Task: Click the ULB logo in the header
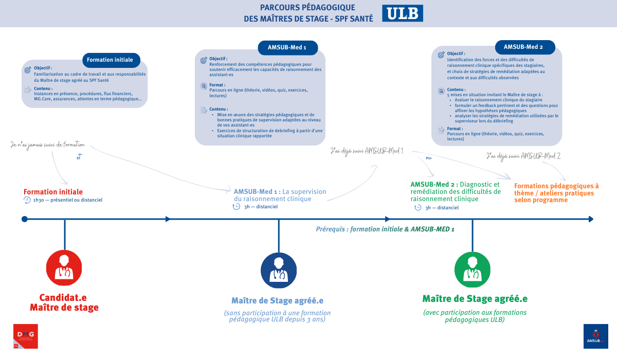coord(402,13)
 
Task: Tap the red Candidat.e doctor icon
coord(64,268)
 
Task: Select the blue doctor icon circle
coord(279,270)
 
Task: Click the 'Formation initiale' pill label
coord(110,60)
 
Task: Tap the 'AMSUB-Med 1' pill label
coord(287,48)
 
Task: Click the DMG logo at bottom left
coord(25,336)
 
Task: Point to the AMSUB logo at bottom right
coord(595,336)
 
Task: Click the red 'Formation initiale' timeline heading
coord(53,192)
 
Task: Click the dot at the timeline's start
coord(25,219)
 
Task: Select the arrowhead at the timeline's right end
coord(591,219)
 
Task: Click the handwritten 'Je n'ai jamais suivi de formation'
coord(48,145)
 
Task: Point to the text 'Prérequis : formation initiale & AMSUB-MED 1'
coord(385,229)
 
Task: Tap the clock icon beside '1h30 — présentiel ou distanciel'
coord(27,200)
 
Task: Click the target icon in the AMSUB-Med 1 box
coord(204,60)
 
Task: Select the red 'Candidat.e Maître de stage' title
coord(64,302)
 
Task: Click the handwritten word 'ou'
coord(428,158)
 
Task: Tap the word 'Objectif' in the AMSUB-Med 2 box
coord(456,53)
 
